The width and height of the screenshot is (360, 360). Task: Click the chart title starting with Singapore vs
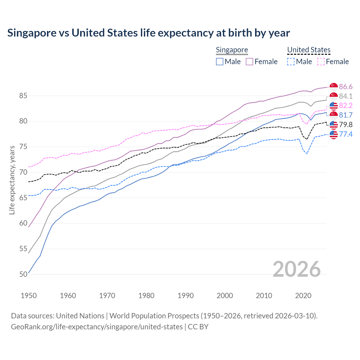148,33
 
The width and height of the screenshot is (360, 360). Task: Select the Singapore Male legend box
220,62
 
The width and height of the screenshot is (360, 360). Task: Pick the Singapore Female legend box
249,62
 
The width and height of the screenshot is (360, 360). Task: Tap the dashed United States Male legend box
291,62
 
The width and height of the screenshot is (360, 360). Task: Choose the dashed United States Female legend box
321,62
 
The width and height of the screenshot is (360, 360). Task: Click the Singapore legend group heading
232,50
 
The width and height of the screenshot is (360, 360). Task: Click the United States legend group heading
309,50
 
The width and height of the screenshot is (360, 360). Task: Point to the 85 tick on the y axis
23,96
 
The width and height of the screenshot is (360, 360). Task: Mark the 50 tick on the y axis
23,274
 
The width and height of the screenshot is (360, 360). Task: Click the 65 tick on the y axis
23,198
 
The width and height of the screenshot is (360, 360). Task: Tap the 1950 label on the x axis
29,296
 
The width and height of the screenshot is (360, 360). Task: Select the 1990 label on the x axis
186,296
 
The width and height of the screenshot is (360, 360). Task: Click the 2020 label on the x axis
303,296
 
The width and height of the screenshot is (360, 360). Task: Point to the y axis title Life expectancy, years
12,180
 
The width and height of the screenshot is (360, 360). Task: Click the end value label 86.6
346,87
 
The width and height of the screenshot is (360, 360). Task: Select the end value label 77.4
346,134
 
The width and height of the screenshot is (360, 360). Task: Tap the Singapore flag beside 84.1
334,96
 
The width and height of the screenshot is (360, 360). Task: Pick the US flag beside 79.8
334,125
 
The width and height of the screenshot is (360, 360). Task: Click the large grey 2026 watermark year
296,269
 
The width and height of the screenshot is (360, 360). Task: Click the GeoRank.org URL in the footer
97,327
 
